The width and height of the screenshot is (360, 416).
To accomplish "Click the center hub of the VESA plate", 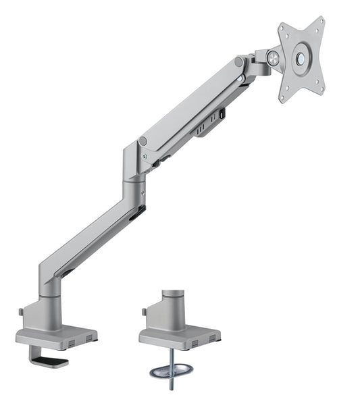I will point(301,58).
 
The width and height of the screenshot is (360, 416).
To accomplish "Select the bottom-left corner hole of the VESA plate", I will point(283,97).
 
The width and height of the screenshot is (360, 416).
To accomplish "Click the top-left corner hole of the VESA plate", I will point(282,28).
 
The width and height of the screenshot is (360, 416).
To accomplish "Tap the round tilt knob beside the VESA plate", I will point(274,59).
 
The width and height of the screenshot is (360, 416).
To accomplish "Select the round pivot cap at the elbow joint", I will point(143,141).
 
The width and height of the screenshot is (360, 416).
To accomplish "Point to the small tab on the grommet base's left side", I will point(144,312).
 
